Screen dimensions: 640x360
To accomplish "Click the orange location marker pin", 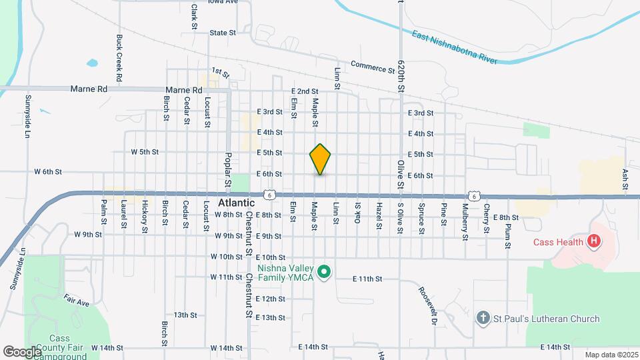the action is click(x=320, y=159).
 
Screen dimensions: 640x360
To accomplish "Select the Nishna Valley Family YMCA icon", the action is click(x=324, y=271).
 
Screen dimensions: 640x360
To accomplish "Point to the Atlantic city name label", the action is click(x=236, y=203).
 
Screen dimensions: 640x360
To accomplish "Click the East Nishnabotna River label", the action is click(x=454, y=47).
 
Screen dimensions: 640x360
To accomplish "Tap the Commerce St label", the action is click(x=373, y=67).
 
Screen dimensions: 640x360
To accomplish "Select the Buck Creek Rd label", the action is click(x=119, y=58).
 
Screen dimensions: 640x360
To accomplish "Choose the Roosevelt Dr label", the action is click(x=427, y=306).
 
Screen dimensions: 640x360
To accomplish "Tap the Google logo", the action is click(x=22, y=351).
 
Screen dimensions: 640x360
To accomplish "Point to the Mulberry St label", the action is click(x=464, y=222).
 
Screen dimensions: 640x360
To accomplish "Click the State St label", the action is click(x=223, y=32).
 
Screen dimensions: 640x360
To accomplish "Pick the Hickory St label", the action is click(x=144, y=217).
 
